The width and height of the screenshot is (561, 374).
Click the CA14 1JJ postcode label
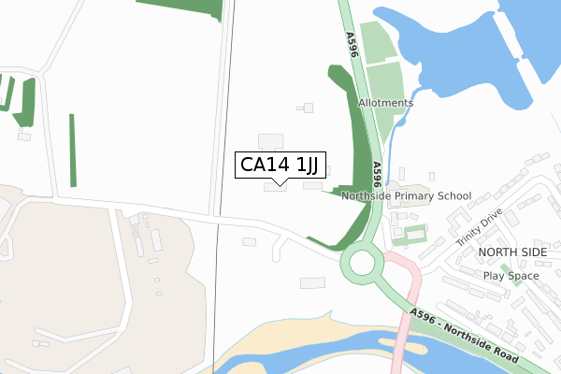tap(280, 165)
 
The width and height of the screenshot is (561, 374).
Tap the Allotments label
tap(385, 103)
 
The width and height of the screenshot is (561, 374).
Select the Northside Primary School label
tap(407, 196)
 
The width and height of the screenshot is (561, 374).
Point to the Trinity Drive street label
tap(480, 227)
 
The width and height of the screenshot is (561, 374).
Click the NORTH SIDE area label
tap(511, 252)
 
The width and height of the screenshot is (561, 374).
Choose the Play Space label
tap(511, 276)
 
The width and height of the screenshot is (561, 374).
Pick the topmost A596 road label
tap(352, 47)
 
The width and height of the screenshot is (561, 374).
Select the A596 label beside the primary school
tap(376, 175)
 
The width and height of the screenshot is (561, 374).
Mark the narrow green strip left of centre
tap(72, 150)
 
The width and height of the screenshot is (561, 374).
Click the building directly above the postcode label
tap(270, 140)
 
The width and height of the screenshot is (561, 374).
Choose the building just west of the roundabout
tap(312, 282)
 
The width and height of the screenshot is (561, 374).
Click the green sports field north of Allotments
tap(377, 42)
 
